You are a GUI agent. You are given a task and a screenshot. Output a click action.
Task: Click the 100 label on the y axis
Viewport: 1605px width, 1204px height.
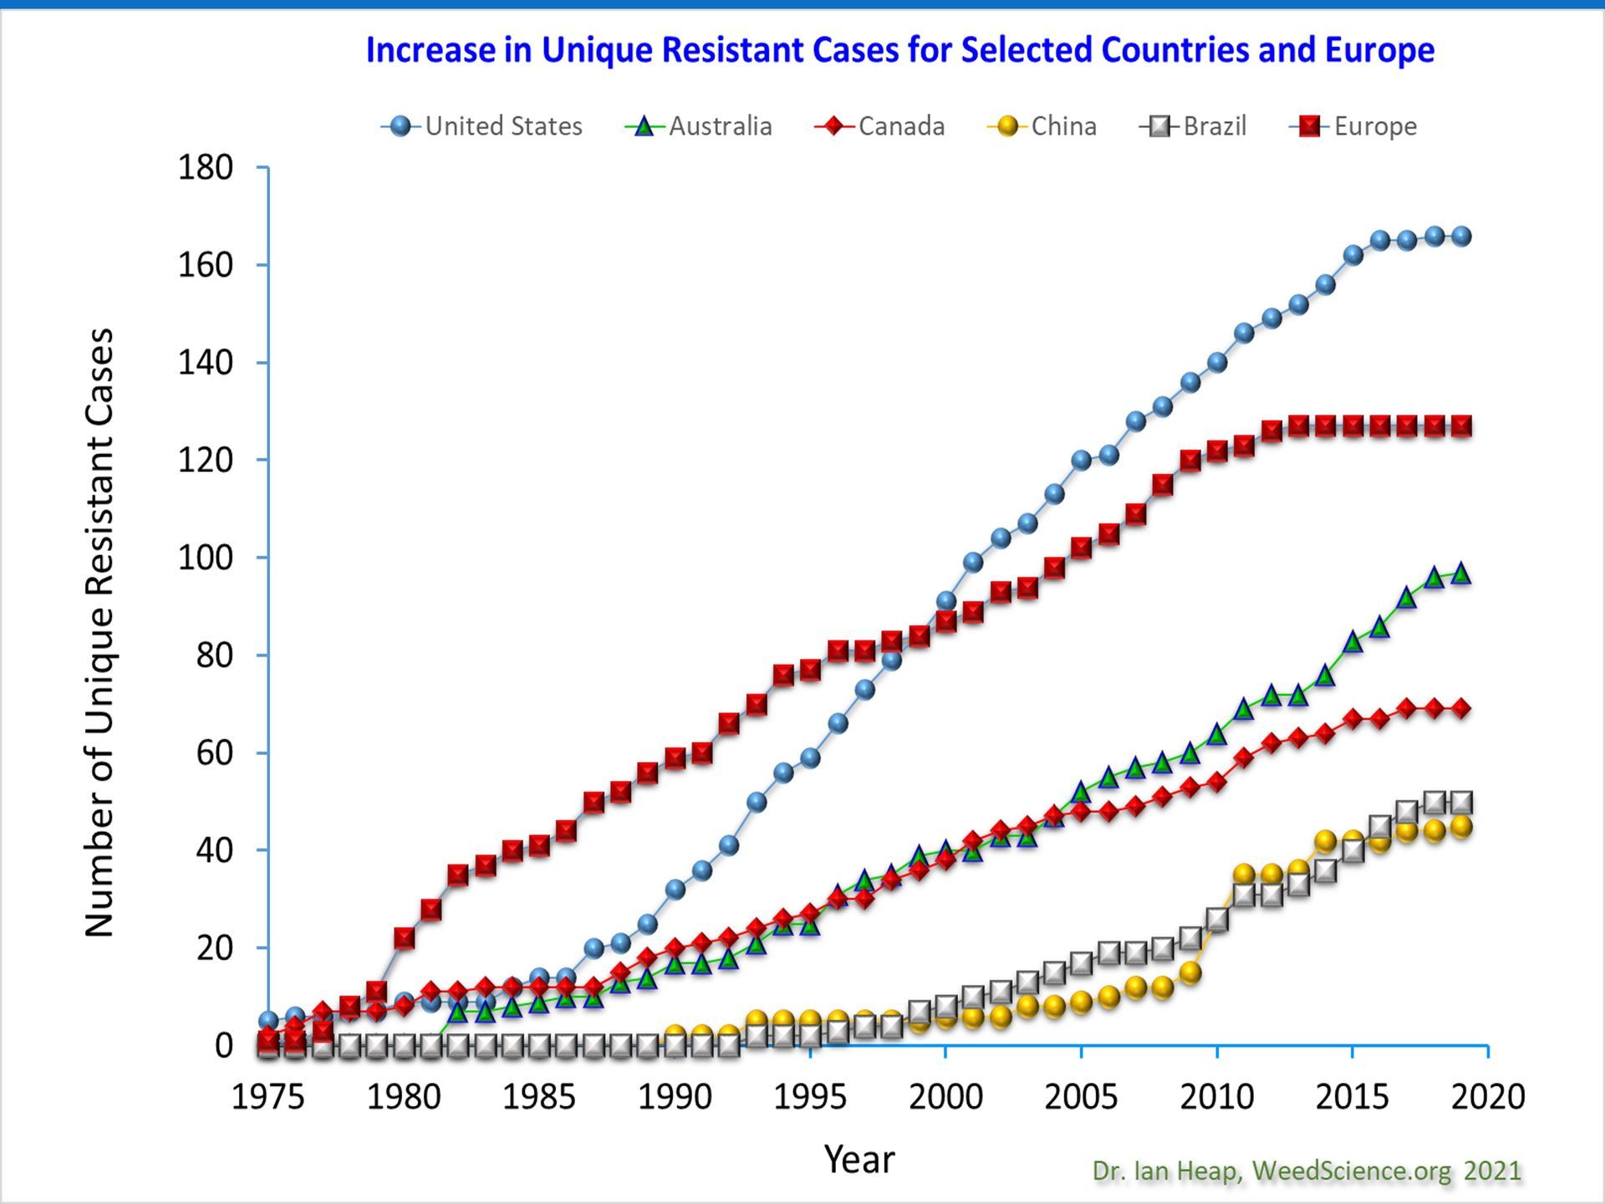tap(206, 558)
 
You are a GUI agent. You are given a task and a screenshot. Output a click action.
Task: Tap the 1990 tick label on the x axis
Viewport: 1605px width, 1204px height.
tap(675, 1096)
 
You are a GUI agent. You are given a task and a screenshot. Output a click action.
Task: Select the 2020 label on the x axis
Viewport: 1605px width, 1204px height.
tap(1488, 1096)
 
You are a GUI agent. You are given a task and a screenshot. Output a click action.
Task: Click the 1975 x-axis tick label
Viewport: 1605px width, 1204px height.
tap(267, 1096)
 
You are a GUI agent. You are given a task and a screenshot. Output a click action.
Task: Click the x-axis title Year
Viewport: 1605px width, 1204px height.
tap(859, 1160)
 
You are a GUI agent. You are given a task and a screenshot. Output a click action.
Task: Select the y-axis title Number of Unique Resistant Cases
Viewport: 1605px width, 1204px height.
tap(99, 632)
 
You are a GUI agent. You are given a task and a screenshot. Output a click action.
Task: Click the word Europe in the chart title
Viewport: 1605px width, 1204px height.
tap(1379, 50)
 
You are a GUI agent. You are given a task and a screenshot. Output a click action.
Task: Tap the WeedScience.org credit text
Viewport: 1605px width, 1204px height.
tap(1351, 1171)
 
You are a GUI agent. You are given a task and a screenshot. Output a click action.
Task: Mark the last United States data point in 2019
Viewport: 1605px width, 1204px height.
tap(1461, 237)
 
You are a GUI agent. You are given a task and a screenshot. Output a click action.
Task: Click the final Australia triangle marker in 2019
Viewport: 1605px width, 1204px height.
tap(1461, 574)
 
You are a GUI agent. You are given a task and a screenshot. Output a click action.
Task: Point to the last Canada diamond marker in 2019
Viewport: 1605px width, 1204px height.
tap(1461, 708)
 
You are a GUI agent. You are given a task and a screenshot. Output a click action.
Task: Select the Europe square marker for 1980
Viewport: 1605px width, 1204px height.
tap(405, 938)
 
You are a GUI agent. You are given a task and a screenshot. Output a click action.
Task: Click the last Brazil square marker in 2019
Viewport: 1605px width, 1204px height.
tap(1461, 803)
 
